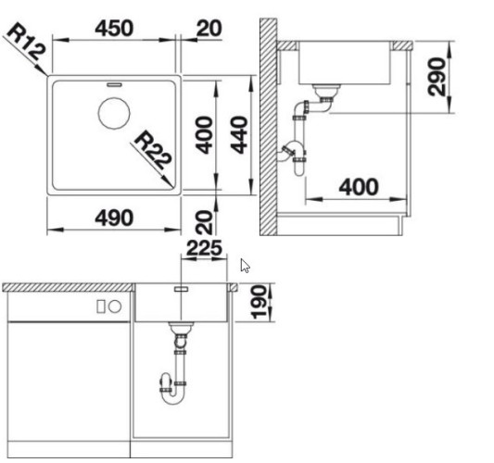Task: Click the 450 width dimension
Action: pyautogui.click(x=114, y=29)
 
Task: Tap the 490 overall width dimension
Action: pyautogui.click(x=114, y=218)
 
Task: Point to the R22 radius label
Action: pyautogui.click(x=153, y=150)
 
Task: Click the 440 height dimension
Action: pyautogui.click(x=239, y=135)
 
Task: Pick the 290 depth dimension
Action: pyautogui.click(x=437, y=77)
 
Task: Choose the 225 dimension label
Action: pyautogui.click(x=205, y=248)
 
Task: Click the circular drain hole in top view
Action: pyautogui.click(x=114, y=113)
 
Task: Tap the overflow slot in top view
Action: pyautogui.click(x=114, y=84)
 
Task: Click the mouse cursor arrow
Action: pyautogui.click(x=245, y=266)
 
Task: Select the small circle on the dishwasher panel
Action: pyautogui.click(x=115, y=307)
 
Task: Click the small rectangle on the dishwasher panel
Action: pyautogui.click(x=101, y=307)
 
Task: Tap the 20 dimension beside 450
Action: pyautogui.click(x=209, y=29)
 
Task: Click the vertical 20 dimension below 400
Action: pyautogui.click(x=204, y=222)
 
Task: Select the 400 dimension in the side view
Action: pyautogui.click(x=359, y=187)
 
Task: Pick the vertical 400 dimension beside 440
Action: pyautogui.click(x=204, y=135)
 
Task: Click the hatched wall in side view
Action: pyautogui.click(x=268, y=127)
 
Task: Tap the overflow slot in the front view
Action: pyautogui.click(x=181, y=289)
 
